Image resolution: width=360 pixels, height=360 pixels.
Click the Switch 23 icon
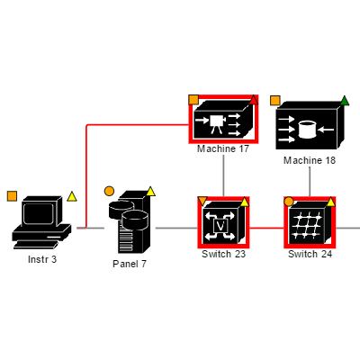tap(223, 222)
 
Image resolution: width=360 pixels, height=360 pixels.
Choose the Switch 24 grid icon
tap(310, 222)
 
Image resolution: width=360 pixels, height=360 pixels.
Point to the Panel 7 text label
tap(130, 264)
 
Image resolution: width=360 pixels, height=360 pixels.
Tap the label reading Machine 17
tap(223, 148)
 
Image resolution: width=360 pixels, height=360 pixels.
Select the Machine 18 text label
tap(310, 160)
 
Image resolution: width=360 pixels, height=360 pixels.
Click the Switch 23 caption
tap(223, 254)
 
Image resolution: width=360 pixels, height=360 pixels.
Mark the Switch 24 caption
tap(310, 254)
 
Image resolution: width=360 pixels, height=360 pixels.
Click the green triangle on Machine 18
tap(345, 101)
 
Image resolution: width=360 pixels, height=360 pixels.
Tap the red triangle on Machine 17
tap(254, 100)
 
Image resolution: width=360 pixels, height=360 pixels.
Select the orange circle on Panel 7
tap(109, 191)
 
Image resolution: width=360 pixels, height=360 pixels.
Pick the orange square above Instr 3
tap(12, 195)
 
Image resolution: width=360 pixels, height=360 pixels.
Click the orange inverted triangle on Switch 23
tap(202, 200)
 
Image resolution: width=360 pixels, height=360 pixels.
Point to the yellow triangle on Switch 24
tap(331, 201)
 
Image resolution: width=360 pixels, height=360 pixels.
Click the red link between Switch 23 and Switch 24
tap(266, 229)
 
